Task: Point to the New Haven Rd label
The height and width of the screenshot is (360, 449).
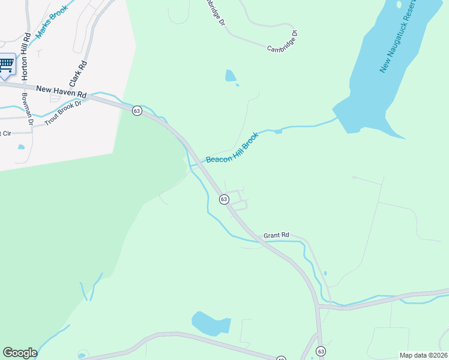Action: tap(61, 92)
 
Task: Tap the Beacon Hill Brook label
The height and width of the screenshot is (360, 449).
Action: tap(232, 148)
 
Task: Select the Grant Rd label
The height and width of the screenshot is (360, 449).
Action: tap(276, 235)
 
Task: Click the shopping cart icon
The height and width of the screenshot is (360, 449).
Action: tap(6, 64)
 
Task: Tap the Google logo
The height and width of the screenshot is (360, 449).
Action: tap(20, 353)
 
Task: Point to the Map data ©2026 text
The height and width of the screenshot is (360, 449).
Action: tap(423, 355)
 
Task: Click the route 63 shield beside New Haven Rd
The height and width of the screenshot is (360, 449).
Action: tap(137, 111)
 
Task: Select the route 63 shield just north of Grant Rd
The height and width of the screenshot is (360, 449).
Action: tap(223, 199)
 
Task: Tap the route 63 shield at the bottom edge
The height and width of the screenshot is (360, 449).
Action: tap(321, 351)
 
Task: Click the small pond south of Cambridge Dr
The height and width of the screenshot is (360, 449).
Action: tap(230, 76)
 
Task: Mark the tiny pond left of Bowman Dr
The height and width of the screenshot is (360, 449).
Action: tap(22, 146)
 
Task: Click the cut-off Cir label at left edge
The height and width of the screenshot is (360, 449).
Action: tap(5, 133)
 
